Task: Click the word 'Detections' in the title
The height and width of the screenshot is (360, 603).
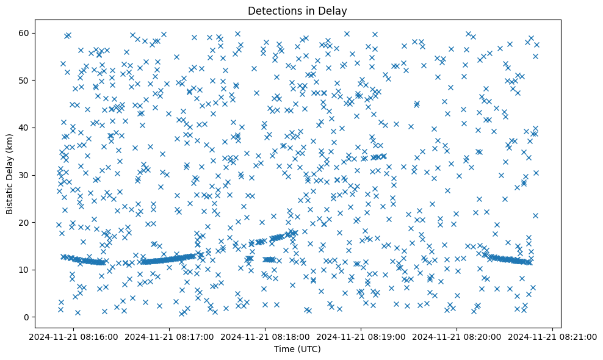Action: pyautogui.click(x=271, y=10)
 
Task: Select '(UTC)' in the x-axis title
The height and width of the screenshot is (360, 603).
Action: pyautogui.click(x=309, y=350)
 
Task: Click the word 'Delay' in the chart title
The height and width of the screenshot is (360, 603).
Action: pyautogui.click(x=333, y=10)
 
